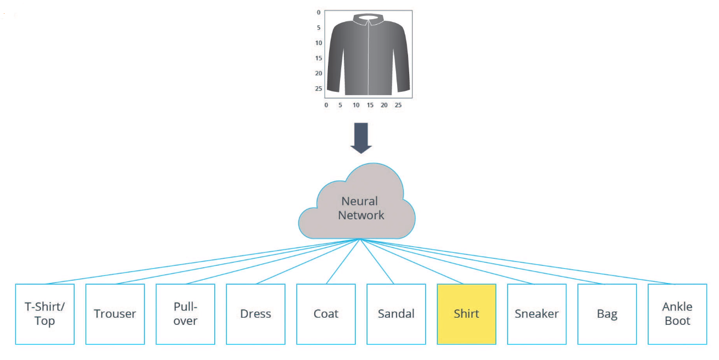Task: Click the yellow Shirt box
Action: pos(466,314)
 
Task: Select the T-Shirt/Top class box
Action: pos(44,314)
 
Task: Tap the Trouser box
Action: pos(115,314)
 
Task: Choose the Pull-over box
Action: pos(185,314)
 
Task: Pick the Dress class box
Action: pos(255,314)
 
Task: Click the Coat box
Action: pos(326,314)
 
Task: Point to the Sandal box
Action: pos(396,314)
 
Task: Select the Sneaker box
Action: pos(537,314)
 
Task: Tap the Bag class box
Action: pos(607,314)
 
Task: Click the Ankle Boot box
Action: pos(677,314)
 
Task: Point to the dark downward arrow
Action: pos(361,138)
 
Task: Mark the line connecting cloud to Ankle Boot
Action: pos(516,262)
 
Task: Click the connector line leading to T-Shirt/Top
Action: pos(203,262)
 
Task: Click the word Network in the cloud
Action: pos(361,215)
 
